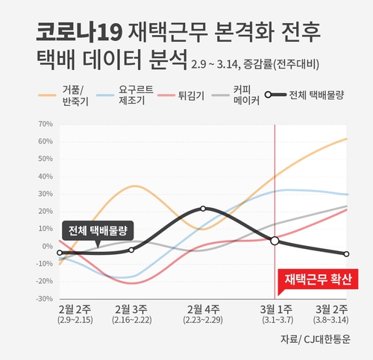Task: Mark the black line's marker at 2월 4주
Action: coord(203,209)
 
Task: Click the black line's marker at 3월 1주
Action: coord(275,241)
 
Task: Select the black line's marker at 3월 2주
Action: coord(346,254)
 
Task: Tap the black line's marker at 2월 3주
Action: coord(131,250)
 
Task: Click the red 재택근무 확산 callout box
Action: coord(318,280)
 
